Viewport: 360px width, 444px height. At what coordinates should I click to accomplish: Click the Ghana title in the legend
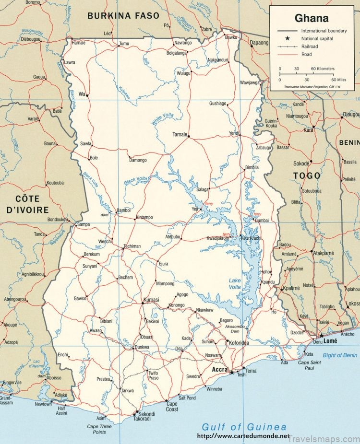click(312, 18)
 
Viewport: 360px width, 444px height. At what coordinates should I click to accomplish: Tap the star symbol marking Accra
click(231, 372)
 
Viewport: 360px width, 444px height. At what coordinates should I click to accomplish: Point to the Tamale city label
click(180, 135)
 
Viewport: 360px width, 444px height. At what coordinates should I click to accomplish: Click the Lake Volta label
click(235, 283)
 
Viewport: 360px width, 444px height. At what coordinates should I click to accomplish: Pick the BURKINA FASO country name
click(122, 16)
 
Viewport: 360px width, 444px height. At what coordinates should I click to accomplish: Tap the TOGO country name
click(307, 176)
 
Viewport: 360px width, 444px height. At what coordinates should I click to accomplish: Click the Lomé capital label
click(330, 341)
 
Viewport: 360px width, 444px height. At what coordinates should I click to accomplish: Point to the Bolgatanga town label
click(176, 53)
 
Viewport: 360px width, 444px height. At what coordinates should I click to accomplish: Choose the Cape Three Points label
click(99, 429)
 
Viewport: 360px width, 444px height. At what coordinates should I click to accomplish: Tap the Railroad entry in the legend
click(310, 47)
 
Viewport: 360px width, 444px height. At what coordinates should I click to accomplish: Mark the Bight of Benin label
click(340, 355)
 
